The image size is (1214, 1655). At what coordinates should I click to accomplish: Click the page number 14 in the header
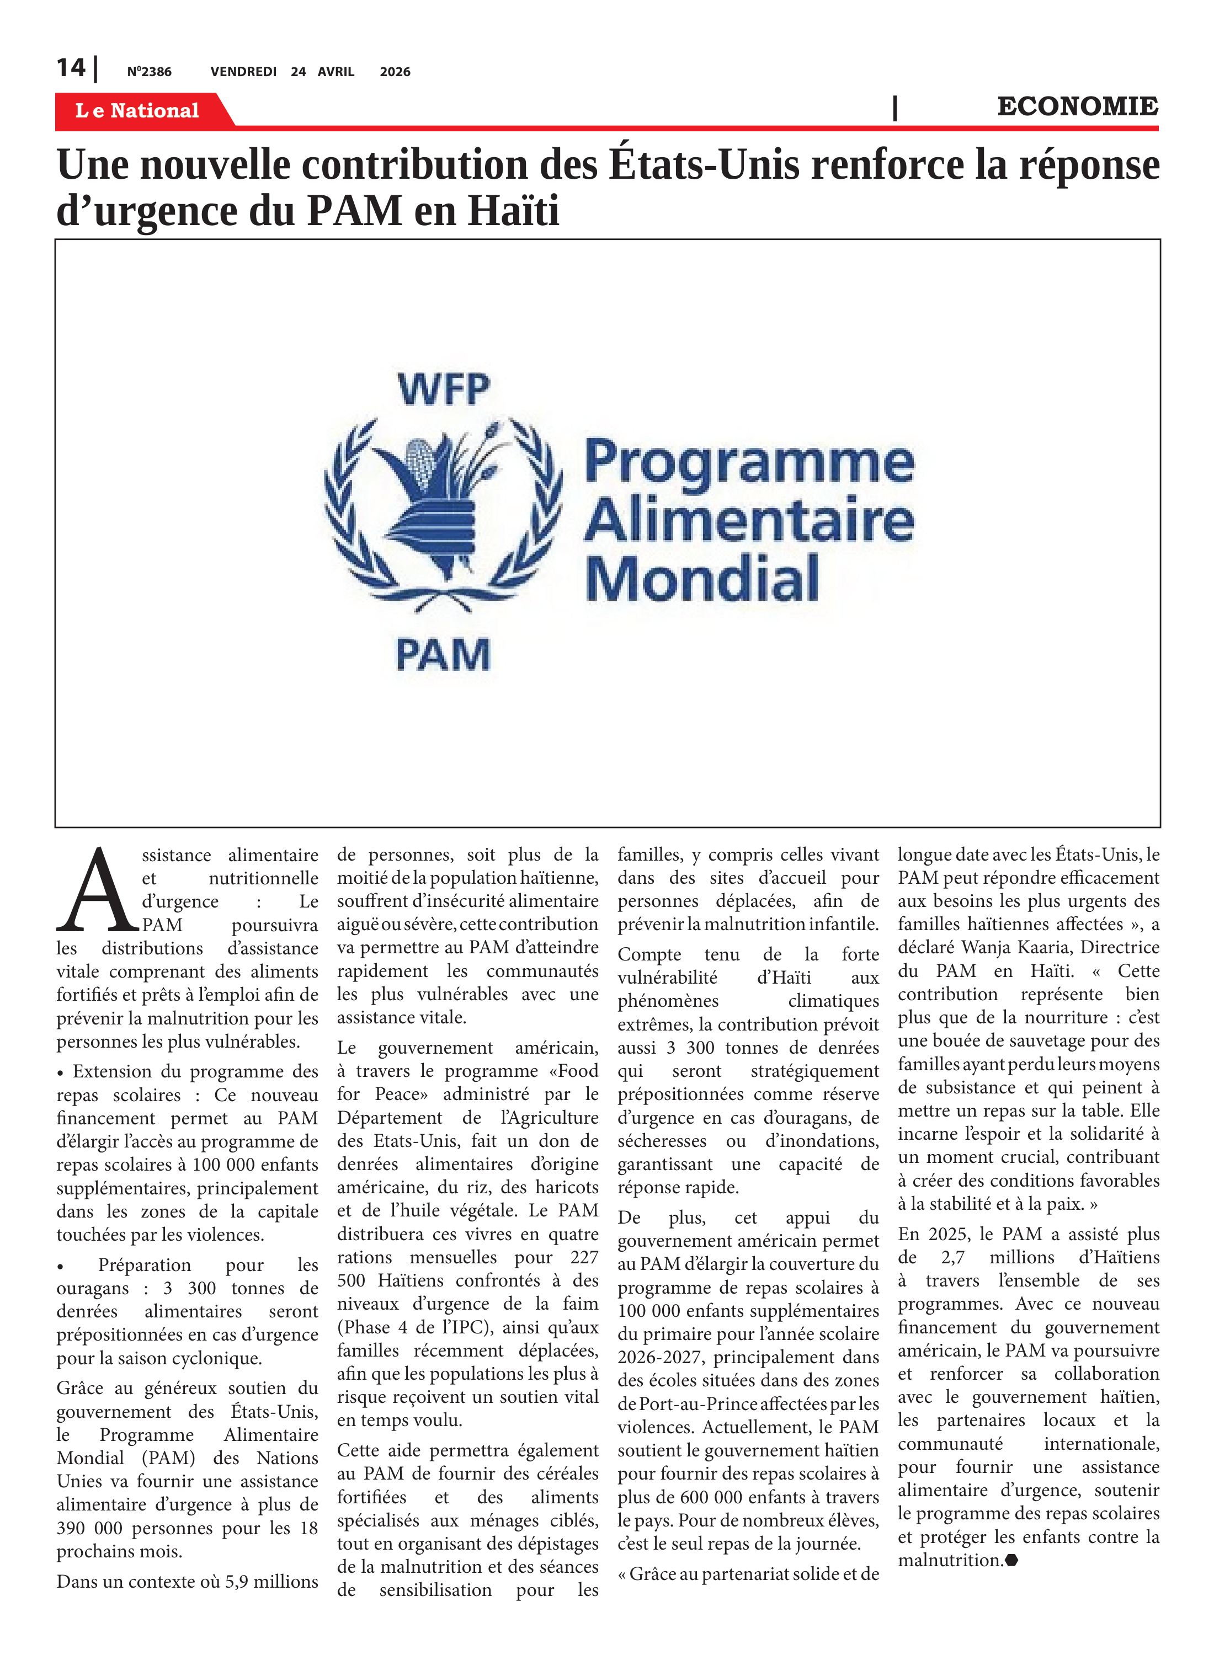point(71,68)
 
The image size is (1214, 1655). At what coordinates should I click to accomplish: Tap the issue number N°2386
point(149,72)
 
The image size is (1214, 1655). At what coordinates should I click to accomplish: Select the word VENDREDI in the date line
point(243,72)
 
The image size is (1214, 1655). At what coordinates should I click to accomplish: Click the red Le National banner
point(137,110)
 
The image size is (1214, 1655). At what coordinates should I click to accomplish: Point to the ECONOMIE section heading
point(1077,106)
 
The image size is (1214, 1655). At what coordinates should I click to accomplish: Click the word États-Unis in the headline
point(704,164)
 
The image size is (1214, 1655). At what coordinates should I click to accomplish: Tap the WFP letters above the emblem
point(443,389)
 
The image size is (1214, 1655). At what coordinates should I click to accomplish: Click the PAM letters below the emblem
point(443,654)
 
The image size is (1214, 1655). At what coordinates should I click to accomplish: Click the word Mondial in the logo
point(702,579)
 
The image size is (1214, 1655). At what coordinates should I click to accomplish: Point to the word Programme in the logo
point(749,463)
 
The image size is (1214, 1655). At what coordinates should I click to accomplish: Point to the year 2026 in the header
point(395,72)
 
